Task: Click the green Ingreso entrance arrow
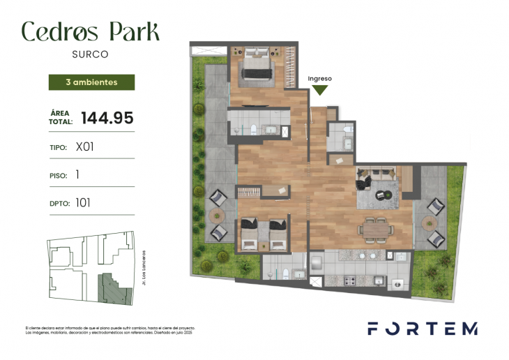pos(321,89)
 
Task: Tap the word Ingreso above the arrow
pos(321,79)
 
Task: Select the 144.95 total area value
pos(107,118)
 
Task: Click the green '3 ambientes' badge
pos(91,82)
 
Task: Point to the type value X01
pos(84,147)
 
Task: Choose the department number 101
pos(84,203)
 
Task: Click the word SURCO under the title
pos(91,53)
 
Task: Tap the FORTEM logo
pos(423,328)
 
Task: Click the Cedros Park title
pos(91,31)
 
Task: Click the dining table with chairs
pos(376,227)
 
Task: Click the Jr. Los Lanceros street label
pos(143,269)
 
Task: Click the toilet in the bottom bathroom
pos(287,273)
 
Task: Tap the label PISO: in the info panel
pos(59,176)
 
